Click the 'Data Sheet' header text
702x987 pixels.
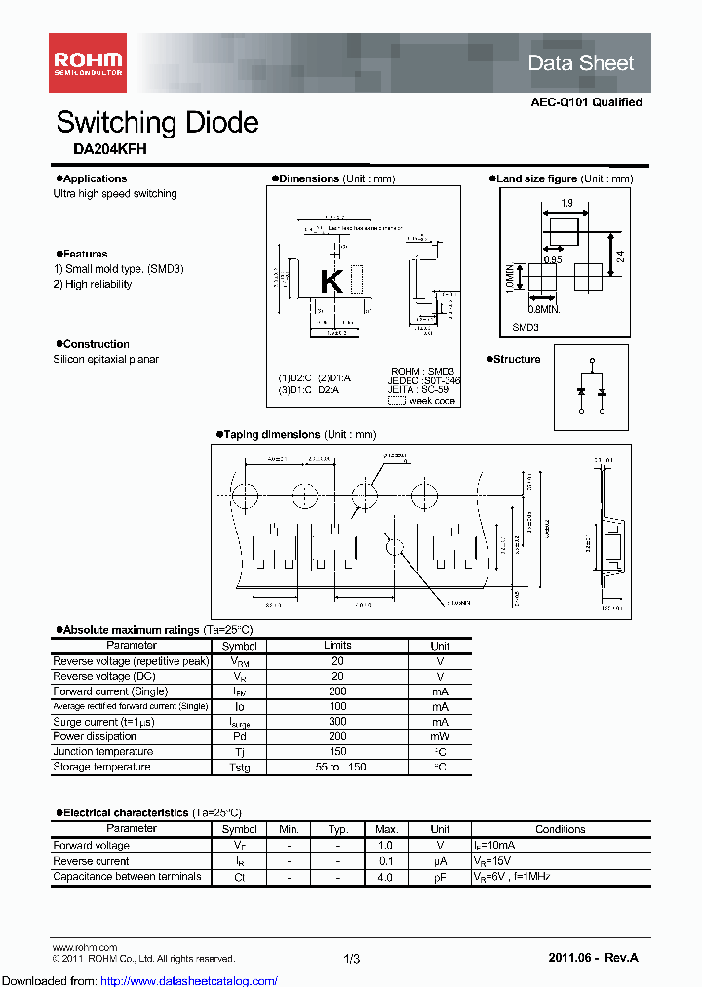pos(580,63)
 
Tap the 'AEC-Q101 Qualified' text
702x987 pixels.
pos(586,102)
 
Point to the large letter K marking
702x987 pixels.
pos(331,281)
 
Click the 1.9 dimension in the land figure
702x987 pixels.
pos(566,204)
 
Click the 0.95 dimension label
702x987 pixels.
pos(552,259)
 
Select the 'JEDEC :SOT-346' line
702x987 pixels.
pos(424,381)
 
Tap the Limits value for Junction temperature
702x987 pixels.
pos(337,752)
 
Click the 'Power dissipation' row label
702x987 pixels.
pos(95,736)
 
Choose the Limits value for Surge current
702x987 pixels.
pos(337,722)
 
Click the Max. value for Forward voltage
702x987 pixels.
pos(385,846)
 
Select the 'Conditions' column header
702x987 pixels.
pos(560,829)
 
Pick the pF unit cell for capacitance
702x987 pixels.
pos(440,877)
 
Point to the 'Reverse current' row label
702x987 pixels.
pos(91,861)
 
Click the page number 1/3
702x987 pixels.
pos(352,959)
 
